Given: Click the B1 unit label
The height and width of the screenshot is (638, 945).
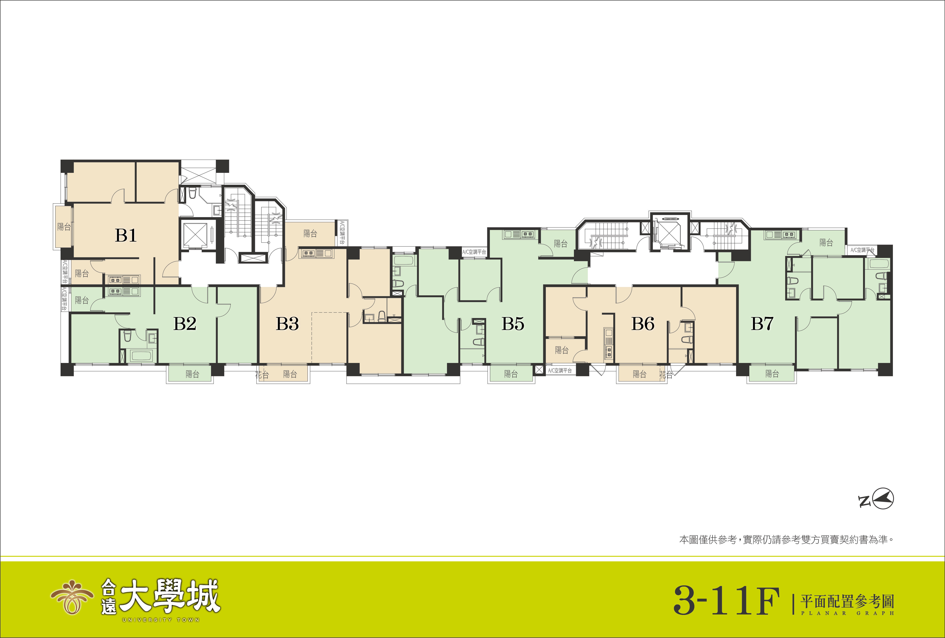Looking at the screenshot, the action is coord(126,235).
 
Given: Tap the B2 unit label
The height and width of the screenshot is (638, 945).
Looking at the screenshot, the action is coord(185,324).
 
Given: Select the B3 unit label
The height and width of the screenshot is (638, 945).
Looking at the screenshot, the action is coord(287,324).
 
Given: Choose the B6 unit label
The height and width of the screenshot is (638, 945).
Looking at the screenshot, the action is coord(643,324).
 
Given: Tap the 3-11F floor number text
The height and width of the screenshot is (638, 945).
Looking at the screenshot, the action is coord(726,601).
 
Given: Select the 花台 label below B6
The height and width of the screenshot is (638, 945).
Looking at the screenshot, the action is coord(666,374).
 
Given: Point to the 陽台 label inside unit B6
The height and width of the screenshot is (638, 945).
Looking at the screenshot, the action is coord(562,350).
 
